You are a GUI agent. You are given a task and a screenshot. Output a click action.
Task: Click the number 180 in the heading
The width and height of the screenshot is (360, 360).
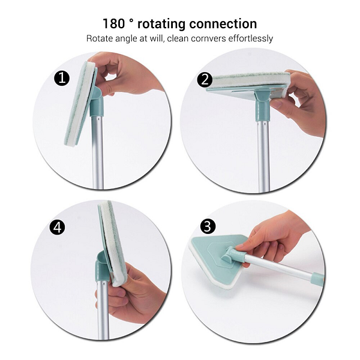(x=113, y=23)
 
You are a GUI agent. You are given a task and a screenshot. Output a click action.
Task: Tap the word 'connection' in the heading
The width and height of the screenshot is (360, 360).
(x=223, y=24)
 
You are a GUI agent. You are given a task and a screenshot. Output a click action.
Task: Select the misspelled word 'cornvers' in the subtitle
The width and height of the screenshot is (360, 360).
(x=208, y=38)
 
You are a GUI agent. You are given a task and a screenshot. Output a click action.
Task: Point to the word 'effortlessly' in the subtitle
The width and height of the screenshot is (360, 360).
(x=250, y=38)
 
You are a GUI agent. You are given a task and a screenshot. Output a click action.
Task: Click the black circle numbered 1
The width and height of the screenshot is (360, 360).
(x=62, y=78)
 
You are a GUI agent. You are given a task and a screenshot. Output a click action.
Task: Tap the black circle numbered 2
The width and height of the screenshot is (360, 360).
(x=205, y=80)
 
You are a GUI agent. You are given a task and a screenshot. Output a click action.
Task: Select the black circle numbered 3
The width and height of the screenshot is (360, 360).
(x=208, y=226)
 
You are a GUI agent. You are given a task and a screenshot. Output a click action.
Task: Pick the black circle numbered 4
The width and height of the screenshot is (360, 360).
(x=58, y=227)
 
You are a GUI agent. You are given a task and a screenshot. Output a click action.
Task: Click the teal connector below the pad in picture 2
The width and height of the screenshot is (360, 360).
(x=262, y=106)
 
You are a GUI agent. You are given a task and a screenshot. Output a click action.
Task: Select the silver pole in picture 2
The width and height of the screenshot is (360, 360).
(x=263, y=156)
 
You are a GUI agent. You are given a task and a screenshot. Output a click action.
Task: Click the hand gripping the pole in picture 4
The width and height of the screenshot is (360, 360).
(x=128, y=296)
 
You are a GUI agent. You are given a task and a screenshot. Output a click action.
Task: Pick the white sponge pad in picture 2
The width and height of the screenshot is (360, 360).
(x=251, y=81)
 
